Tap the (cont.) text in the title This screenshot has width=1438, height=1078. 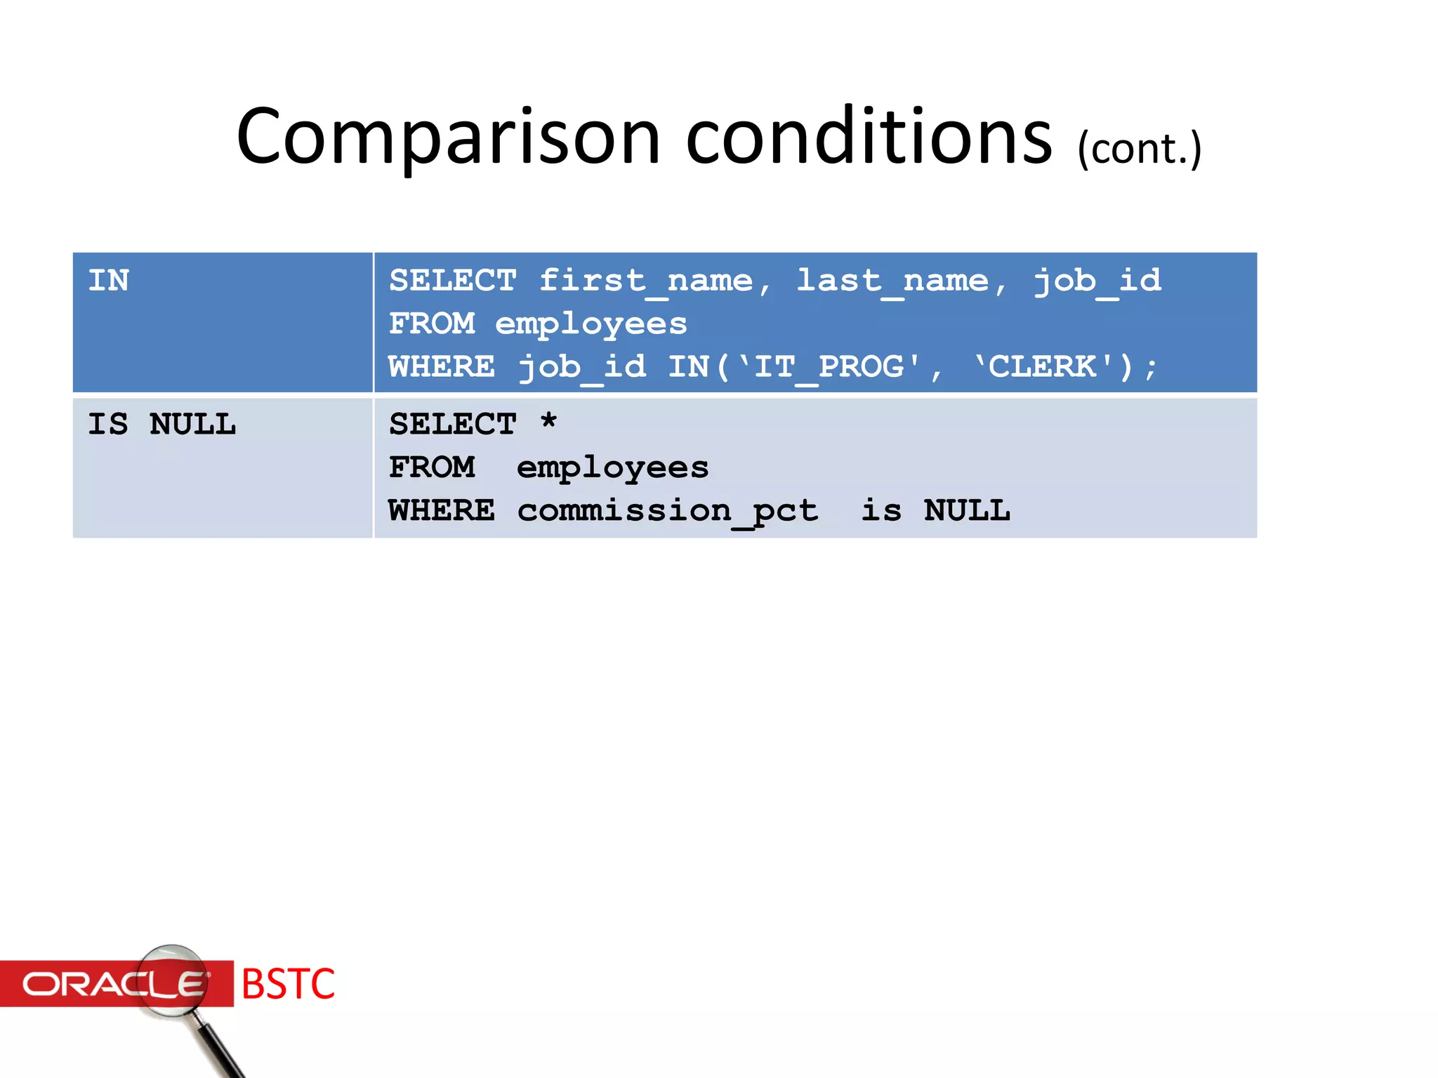pos(1139,149)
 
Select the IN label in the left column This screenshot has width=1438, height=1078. pos(109,281)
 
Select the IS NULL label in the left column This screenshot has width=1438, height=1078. pos(161,425)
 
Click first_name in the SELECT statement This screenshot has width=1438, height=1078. pos(645,281)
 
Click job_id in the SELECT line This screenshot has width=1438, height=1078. pos(1097,281)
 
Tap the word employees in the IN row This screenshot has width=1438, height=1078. pos(591,324)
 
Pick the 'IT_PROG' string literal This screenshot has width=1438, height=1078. pos(829,367)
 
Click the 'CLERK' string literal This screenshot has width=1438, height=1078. pos(1043,367)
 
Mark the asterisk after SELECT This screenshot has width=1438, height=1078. pos(549,422)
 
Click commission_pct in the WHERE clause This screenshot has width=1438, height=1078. pos(667,511)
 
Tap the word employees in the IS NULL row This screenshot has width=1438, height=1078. pos(612,468)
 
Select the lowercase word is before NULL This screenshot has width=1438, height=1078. pos(881,511)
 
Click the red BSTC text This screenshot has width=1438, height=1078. pos(288,984)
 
